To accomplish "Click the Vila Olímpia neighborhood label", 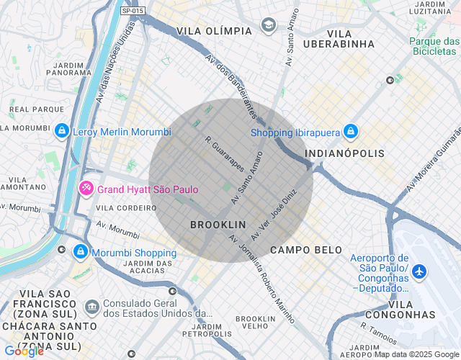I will (215, 31).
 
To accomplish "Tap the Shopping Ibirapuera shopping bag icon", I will (351, 132).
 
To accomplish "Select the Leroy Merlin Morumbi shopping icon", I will (62, 131).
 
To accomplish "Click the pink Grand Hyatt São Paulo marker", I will (86, 189).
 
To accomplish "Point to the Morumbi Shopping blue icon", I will (81, 252).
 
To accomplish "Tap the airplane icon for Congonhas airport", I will (420, 271).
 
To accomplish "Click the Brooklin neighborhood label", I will (218, 225).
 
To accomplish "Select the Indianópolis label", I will (344, 153).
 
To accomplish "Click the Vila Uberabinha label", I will (351, 39).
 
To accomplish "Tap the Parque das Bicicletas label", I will (434, 47).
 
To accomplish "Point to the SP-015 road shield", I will (133, 11).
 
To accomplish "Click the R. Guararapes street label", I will (225, 154).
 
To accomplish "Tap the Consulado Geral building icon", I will (92, 307).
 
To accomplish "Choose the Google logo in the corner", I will (24, 351).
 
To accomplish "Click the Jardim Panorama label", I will (70, 67).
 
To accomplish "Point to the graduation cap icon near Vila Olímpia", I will (269, 26).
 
